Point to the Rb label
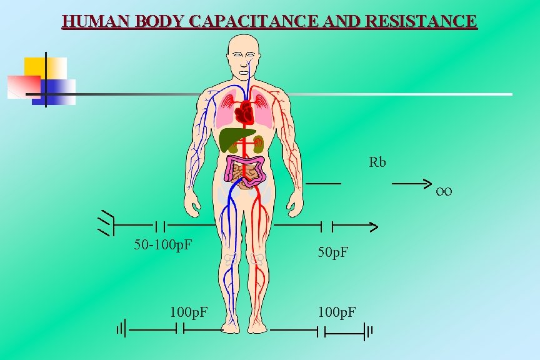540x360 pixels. pyautogui.click(x=377, y=162)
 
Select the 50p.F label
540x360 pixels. pyautogui.click(x=333, y=252)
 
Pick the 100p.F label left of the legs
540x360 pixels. pyautogui.click(x=189, y=310)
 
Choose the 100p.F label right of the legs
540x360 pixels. pyautogui.click(x=337, y=310)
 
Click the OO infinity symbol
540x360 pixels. pyautogui.click(x=444, y=191)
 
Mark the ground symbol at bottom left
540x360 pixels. pyautogui.click(x=121, y=328)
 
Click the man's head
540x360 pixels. pyautogui.click(x=244, y=53)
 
